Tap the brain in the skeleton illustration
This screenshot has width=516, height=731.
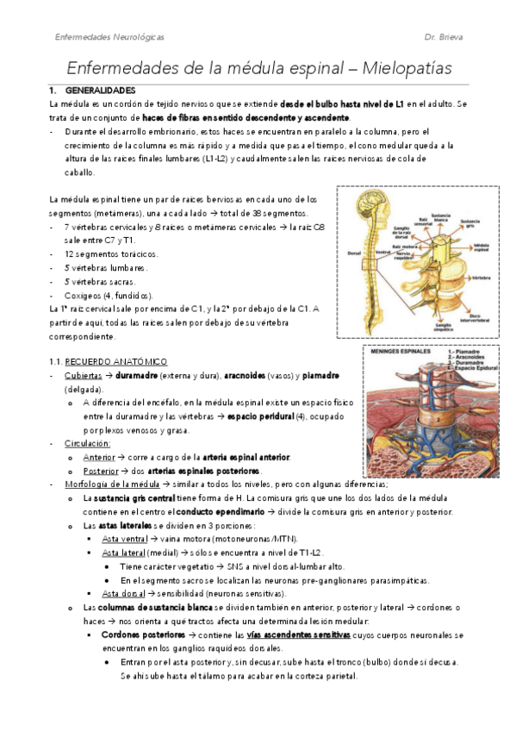[x=376, y=209]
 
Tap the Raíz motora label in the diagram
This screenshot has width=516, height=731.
[x=406, y=247]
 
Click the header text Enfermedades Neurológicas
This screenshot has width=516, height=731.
[x=109, y=38]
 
